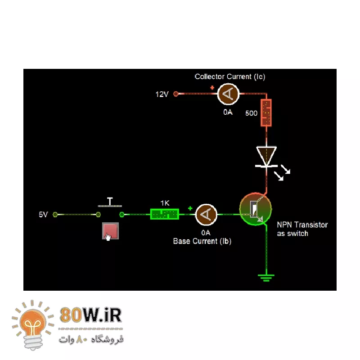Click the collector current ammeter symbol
[228, 94]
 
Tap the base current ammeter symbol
[207, 214]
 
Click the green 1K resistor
[164, 214]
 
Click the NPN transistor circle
[255, 210]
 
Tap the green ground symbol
[266, 277]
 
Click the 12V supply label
[162, 94]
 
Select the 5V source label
[43, 215]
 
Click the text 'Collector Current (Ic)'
[230, 76]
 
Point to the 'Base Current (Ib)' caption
[202, 241]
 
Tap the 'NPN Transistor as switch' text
[302, 229]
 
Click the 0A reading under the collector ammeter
[228, 112]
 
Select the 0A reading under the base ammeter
[206, 233]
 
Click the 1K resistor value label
[165, 203]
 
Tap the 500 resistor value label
[251, 113]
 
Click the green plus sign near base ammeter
[190, 208]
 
